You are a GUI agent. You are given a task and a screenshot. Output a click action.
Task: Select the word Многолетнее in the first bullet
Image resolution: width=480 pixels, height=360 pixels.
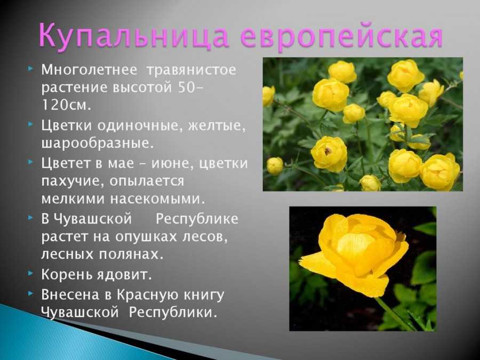click(x=89, y=69)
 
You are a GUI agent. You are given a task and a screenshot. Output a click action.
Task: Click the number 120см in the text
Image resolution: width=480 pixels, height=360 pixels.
click(x=66, y=105)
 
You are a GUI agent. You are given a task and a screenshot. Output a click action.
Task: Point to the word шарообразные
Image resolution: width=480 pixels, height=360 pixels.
click(x=98, y=143)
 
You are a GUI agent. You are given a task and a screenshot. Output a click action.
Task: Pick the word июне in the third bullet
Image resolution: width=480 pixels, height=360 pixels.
click(x=167, y=163)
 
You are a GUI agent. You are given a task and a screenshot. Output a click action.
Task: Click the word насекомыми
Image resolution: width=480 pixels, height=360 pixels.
click(x=157, y=199)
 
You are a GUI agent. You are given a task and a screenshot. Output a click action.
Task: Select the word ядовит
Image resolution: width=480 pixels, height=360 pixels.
click(x=124, y=274)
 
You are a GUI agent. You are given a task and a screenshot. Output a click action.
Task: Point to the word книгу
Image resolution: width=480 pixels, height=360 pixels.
click(x=204, y=295)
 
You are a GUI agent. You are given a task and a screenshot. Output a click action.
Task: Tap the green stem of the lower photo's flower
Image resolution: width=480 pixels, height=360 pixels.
click(x=396, y=314)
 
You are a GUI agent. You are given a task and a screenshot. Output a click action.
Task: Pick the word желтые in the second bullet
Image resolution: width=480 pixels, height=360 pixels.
click(x=217, y=126)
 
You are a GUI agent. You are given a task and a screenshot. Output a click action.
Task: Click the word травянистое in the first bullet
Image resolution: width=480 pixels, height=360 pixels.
click(x=191, y=70)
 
